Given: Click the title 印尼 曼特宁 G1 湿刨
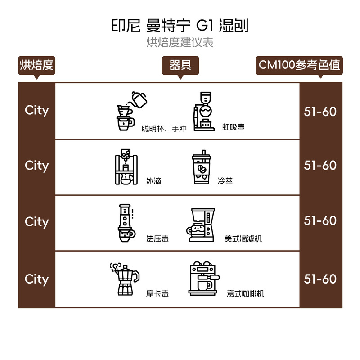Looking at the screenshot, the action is point(180,25).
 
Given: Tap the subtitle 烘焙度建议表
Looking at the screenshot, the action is point(180,43).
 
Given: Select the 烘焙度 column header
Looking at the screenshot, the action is point(36,65).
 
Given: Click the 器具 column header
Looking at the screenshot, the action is point(180,65).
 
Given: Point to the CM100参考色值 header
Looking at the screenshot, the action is point(298,65).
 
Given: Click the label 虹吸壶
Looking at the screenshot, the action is point(233,128).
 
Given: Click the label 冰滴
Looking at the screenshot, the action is point(154,182).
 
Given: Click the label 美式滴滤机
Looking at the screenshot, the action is point(243,239).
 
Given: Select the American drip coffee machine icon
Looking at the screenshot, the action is point(200,225).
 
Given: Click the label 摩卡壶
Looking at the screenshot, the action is point(157,294).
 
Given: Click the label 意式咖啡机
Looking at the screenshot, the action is point(245,294).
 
